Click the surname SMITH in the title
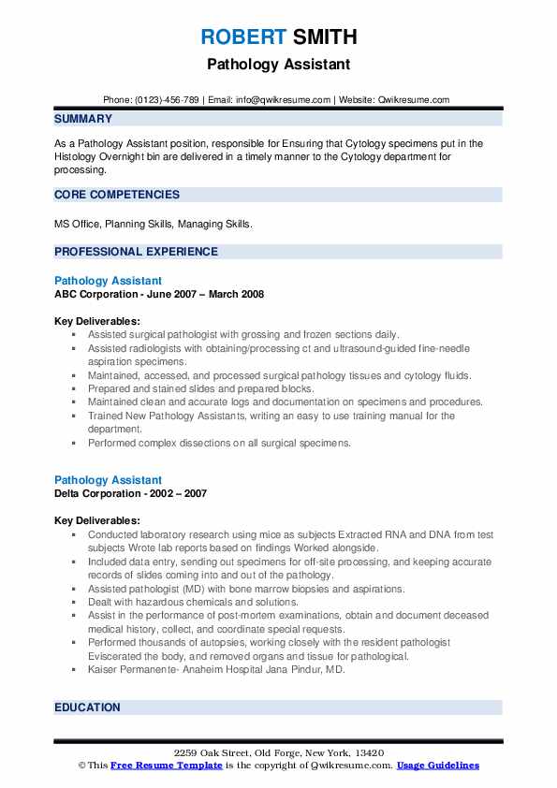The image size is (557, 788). (x=324, y=38)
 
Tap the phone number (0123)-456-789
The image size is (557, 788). (x=166, y=100)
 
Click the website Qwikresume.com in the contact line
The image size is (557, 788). (x=415, y=100)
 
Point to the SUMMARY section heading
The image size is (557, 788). (x=83, y=119)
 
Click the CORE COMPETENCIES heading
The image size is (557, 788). (x=117, y=195)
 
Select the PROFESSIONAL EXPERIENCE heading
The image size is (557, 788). (x=136, y=252)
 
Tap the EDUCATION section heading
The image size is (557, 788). (x=87, y=708)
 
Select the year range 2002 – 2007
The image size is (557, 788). (x=181, y=493)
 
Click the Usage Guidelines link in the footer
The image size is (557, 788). (x=438, y=766)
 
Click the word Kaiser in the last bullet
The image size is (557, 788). (x=103, y=670)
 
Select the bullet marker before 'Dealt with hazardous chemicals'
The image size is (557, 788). (x=75, y=603)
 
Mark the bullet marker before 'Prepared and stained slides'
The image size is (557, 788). (x=75, y=388)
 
